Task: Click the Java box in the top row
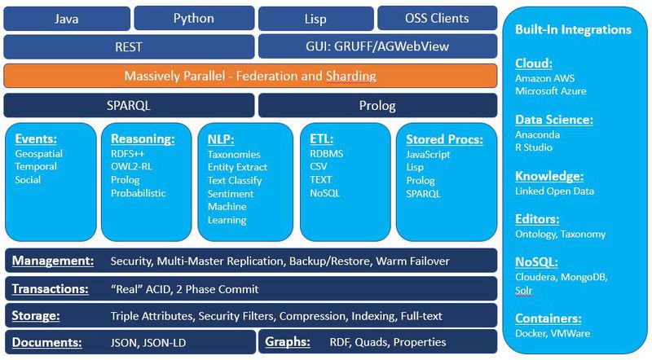pos(66,18)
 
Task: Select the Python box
pos(193,18)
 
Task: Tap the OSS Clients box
pos(437,18)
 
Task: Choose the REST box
pos(129,47)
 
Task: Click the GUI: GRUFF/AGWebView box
pos(377,47)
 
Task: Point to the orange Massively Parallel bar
pos(250,76)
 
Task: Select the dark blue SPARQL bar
pos(129,105)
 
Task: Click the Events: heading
pos(35,138)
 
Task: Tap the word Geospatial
pos(38,153)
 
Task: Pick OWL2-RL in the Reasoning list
pos(131,167)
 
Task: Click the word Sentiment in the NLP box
pos(231,194)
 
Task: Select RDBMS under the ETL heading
pos(328,154)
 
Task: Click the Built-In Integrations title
pos(573,30)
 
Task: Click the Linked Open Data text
pos(554,191)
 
